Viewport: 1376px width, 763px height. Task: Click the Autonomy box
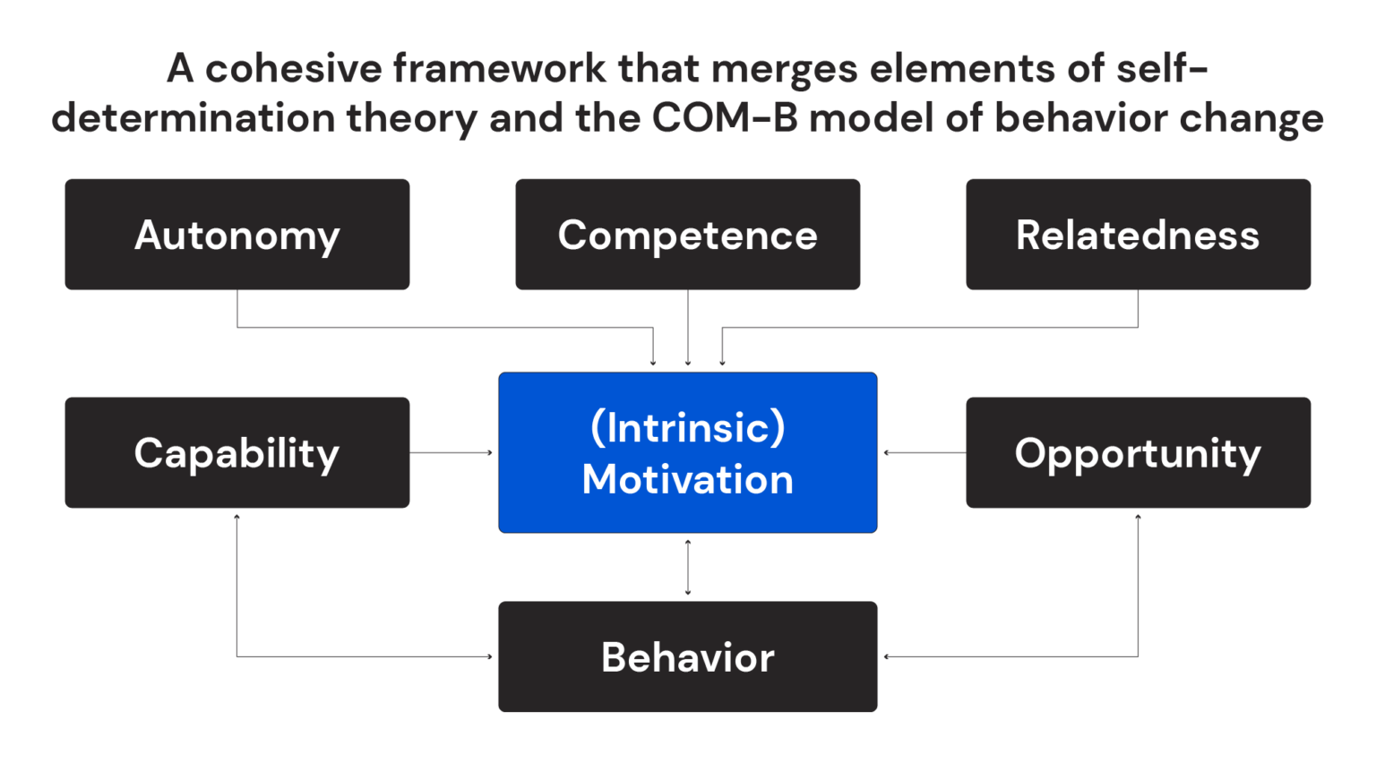tap(236, 235)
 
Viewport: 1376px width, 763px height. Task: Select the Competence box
tap(687, 235)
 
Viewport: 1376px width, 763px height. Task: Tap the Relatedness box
tap(1138, 235)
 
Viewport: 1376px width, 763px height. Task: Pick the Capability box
tap(236, 453)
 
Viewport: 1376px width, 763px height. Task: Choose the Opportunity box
tap(1138, 453)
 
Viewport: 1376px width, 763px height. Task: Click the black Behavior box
tap(687, 656)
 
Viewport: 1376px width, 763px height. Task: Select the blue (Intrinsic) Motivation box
tap(687, 452)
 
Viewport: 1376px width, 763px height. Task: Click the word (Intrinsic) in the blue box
tap(687, 427)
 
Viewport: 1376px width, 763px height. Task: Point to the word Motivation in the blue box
tap(687, 479)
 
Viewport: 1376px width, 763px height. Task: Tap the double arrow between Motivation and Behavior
tap(688, 567)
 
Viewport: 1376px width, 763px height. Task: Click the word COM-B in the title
tap(724, 118)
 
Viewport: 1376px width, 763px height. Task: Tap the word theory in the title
tap(411, 118)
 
